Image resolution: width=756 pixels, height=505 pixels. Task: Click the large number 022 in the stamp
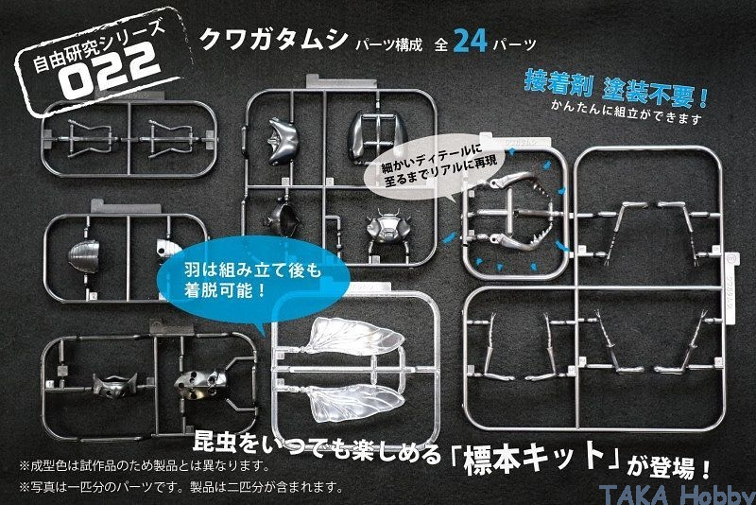(110, 70)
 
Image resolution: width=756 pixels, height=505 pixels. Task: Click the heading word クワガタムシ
(273, 39)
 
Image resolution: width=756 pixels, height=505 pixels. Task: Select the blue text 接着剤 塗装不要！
(616, 89)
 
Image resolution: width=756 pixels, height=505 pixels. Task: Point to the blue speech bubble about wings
(253, 280)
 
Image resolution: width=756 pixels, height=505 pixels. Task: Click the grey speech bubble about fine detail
(433, 169)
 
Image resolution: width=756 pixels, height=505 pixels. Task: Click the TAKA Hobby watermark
(677, 495)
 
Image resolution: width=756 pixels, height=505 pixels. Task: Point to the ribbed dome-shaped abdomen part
(83, 255)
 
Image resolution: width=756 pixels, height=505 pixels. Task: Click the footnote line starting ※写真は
(180, 487)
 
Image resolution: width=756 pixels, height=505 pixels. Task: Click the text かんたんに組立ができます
(627, 112)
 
